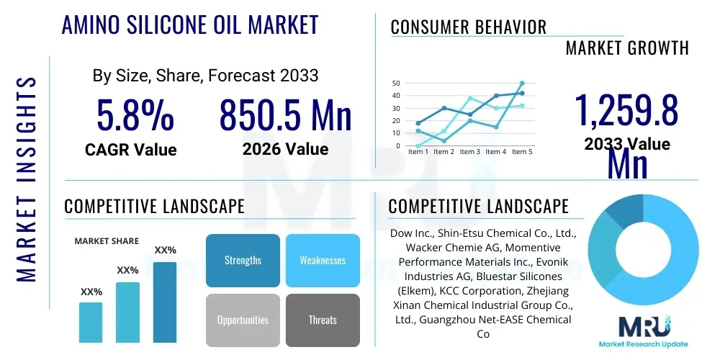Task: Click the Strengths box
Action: coord(243,261)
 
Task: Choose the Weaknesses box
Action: coord(323,261)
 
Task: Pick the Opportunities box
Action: coord(243,320)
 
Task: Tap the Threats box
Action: coord(323,320)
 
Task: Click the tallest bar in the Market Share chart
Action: coord(165,302)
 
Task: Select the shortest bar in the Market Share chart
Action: coord(91,322)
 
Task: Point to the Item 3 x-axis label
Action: coord(469,152)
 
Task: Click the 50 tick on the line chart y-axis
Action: coord(396,84)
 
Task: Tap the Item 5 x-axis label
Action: coord(521,152)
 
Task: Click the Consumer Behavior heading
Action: coord(469,27)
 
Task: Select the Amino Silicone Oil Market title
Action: coord(190,24)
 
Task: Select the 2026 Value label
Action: coord(285,149)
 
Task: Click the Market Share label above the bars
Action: coord(107,241)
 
